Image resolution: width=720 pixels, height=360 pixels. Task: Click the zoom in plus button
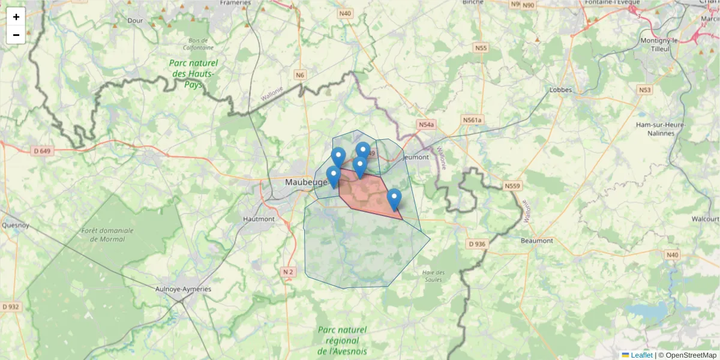(x=16, y=17)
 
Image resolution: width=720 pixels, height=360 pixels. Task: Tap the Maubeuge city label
(x=307, y=181)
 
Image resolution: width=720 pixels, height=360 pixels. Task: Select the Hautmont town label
(x=259, y=219)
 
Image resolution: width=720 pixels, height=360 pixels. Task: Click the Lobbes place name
(x=561, y=91)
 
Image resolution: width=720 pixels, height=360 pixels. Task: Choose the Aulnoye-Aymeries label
(x=183, y=289)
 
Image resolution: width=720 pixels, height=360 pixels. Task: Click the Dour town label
(x=134, y=20)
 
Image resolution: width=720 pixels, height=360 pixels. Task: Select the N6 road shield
(x=300, y=75)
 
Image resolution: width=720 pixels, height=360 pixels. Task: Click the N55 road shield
(x=481, y=47)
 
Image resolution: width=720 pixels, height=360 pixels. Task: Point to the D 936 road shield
(x=476, y=244)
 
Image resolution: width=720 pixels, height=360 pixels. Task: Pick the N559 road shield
(x=512, y=186)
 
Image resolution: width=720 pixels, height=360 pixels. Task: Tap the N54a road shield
(x=425, y=125)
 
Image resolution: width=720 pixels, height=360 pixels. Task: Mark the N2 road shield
(x=288, y=272)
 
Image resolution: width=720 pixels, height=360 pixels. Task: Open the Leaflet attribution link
(x=641, y=355)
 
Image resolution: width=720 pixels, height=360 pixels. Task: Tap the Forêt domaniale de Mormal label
(x=103, y=235)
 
